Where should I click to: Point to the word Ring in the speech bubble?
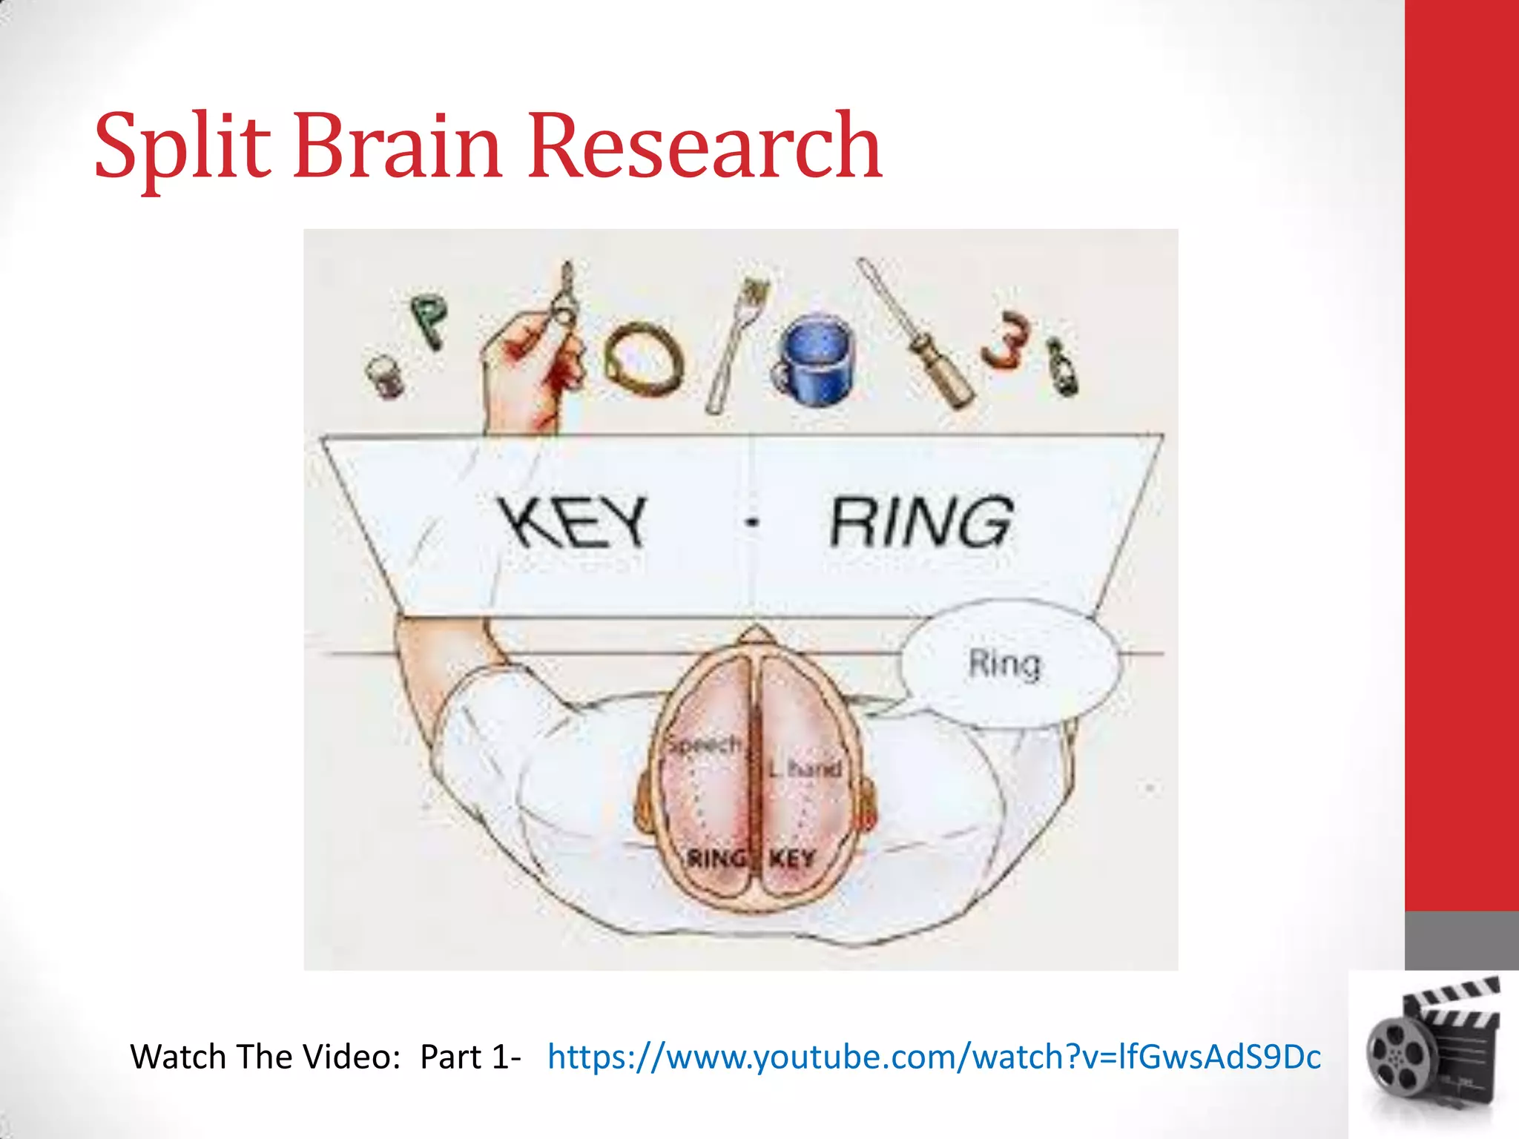click(1005, 664)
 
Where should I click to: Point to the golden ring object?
click(642, 360)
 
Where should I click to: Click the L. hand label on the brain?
click(805, 769)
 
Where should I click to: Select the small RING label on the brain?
click(716, 859)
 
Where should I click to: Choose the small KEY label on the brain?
click(792, 859)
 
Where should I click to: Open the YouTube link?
click(934, 1057)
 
